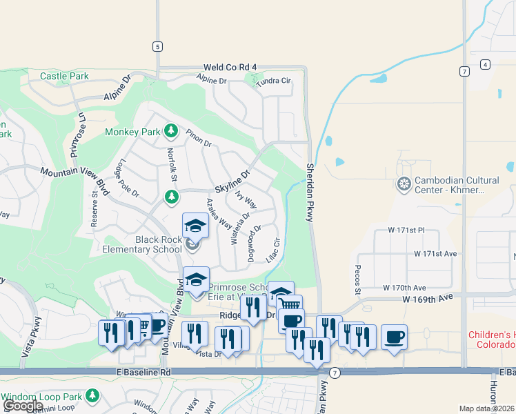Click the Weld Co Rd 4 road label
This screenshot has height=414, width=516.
pyautogui.click(x=230, y=68)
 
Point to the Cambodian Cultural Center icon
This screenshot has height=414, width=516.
pyautogui.click(x=404, y=184)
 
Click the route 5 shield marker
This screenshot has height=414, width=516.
pyautogui.click(x=158, y=46)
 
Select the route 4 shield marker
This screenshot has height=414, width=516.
pyautogui.click(x=486, y=65)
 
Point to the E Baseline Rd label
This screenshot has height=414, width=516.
pyautogui.click(x=143, y=373)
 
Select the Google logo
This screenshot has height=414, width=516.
pyautogui.click(x=23, y=406)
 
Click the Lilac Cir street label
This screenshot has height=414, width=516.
pyautogui.click(x=272, y=250)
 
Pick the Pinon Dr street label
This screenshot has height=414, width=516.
pyautogui.click(x=198, y=137)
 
